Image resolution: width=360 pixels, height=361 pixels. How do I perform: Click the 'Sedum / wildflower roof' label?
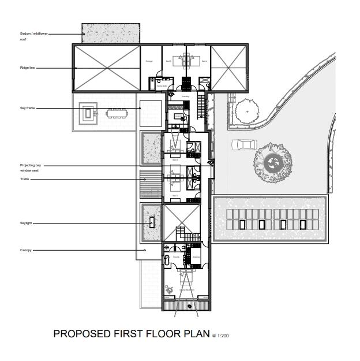click(x=33, y=36)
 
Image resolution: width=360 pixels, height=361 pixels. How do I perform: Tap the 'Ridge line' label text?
click(x=27, y=68)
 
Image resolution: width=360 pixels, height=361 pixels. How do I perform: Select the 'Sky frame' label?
click(x=27, y=108)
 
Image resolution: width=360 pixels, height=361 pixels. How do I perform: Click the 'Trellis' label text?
click(x=25, y=180)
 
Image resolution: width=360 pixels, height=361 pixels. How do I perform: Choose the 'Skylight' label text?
click(x=26, y=223)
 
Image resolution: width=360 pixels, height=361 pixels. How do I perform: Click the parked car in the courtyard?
click(x=242, y=144)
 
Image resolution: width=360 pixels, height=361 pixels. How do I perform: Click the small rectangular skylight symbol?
click(x=152, y=222)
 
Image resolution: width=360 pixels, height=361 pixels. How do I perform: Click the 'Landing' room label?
click(x=185, y=96)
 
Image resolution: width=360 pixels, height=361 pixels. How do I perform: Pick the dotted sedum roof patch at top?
click(x=111, y=34)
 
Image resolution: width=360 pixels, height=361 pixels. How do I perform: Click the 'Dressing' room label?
click(x=196, y=257)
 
